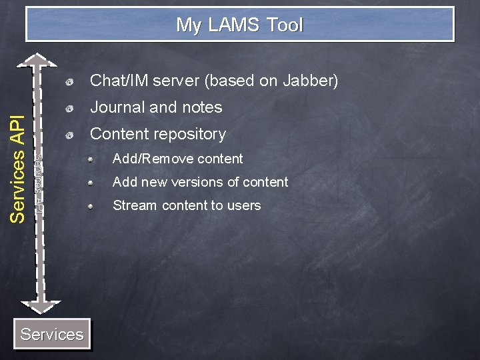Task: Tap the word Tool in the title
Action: click(x=285, y=25)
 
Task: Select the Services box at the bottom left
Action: click(x=52, y=334)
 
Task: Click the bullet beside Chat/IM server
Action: click(x=70, y=82)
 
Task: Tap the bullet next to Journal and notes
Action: click(x=70, y=108)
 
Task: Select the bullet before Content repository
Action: click(x=70, y=135)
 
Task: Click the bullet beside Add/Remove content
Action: click(x=98, y=159)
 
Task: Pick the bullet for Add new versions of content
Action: click(x=98, y=183)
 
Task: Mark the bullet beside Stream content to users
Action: click(x=98, y=206)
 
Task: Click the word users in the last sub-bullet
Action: click(x=243, y=205)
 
